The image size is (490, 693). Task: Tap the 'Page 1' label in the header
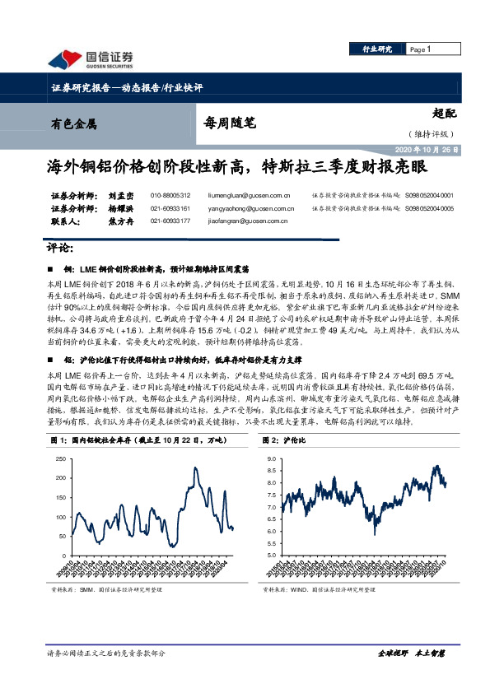[420, 50]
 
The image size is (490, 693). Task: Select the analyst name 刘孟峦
[96, 195]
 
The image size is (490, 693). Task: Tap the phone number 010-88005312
[170, 196]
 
